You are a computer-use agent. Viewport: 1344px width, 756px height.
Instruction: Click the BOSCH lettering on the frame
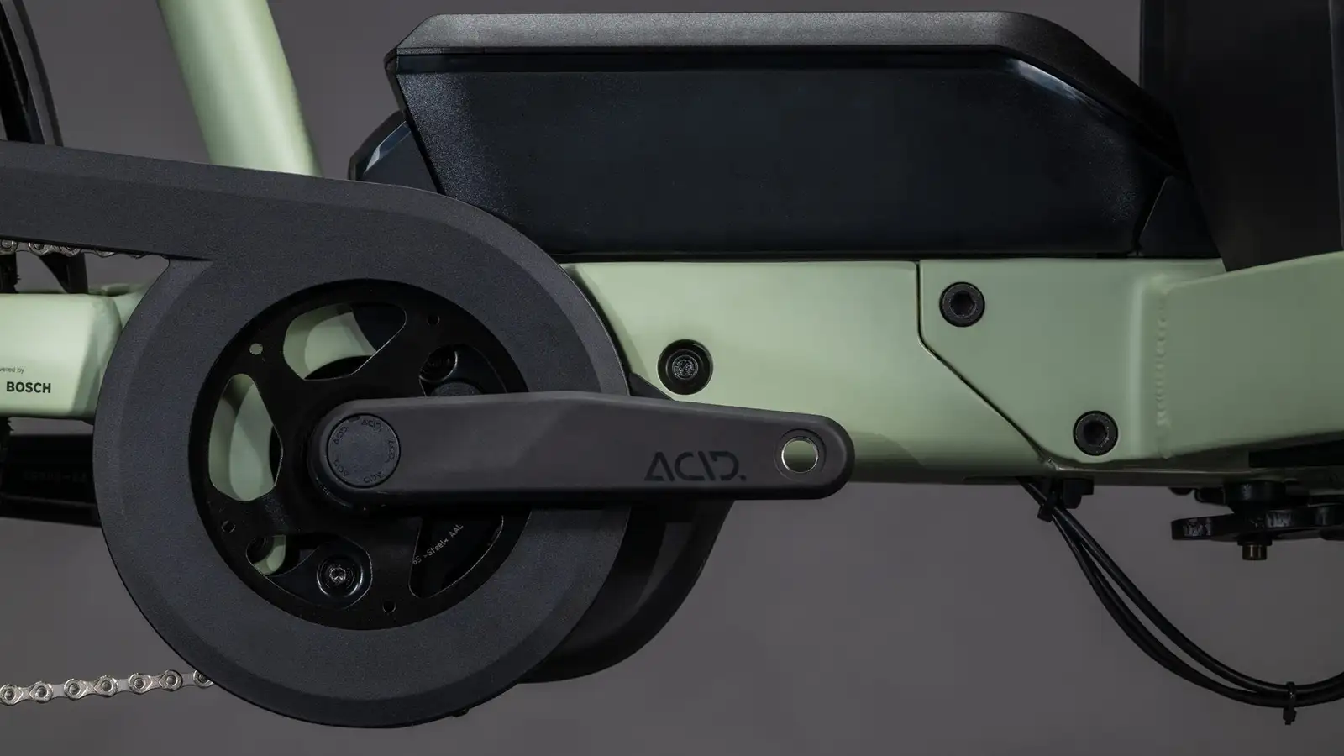click(29, 387)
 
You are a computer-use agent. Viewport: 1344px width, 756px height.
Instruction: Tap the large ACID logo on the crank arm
click(694, 465)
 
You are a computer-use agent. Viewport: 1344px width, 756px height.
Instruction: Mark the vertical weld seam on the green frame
click(1158, 378)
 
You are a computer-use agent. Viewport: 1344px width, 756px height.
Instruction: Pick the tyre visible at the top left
click(25, 67)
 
